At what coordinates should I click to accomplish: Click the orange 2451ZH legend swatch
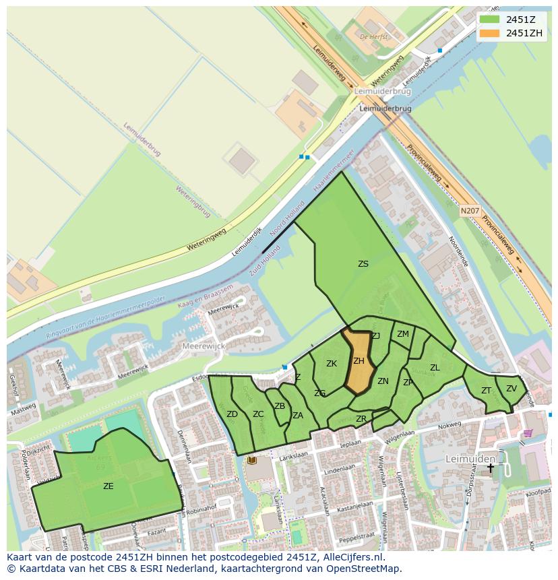point(490,33)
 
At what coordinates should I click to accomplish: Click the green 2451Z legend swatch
point(490,19)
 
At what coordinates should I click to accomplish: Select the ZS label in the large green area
point(363,264)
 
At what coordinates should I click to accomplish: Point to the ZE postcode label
point(108,486)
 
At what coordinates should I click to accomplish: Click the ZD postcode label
point(232,414)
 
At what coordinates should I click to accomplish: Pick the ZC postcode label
point(258,414)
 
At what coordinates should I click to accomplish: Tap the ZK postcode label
point(332,364)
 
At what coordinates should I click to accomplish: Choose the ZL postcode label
point(435,368)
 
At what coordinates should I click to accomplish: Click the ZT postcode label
point(486,391)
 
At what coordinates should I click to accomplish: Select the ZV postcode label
point(511,389)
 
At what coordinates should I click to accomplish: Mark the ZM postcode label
point(403,334)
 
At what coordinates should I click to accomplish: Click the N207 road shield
point(470,212)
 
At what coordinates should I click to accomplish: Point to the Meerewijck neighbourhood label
point(204,346)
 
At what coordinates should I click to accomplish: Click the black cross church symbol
point(491,468)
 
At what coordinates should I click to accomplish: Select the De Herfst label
point(374,37)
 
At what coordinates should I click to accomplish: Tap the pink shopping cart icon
point(528,433)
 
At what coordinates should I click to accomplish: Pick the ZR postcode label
point(361,419)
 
